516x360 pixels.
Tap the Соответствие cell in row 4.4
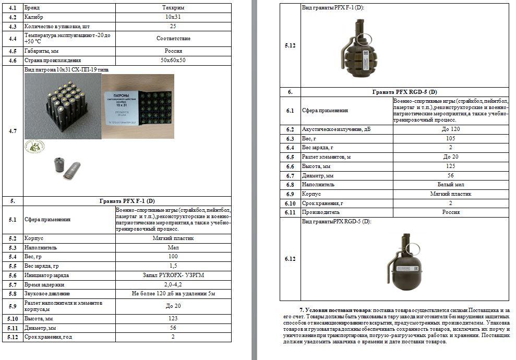click(173, 39)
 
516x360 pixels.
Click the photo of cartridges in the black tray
click(63, 106)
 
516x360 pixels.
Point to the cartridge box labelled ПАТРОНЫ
click(138, 106)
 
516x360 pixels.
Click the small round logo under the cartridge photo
click(34, 147)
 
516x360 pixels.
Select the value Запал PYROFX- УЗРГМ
click(173, 275)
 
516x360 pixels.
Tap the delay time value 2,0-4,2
click(173, 284)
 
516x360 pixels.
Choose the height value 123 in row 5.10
click(173, 318)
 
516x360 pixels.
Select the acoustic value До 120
click(450, 129)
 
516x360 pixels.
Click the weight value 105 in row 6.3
click(450, 139)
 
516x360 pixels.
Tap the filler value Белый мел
click(450, 185)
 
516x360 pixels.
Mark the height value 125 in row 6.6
click(450, 166)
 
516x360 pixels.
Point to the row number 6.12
click(290, 259)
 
